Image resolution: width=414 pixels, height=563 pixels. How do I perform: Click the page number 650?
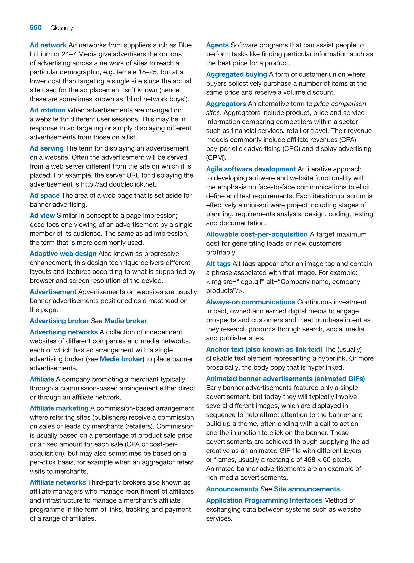(x=36, y=28)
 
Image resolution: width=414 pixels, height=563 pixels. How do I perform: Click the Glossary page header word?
(x=62, y=28)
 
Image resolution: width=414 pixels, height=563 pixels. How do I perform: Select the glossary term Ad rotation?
(x=47, y=110)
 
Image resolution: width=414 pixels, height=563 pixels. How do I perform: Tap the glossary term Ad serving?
(x=47, y=148)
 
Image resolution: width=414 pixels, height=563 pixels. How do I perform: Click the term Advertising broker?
(x=59, y=321)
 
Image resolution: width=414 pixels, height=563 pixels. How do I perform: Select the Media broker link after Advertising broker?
(x=126, y=321)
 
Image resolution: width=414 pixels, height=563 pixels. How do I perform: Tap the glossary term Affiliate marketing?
(x=59, y=408)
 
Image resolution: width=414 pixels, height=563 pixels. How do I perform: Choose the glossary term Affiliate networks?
(x=58, y=482)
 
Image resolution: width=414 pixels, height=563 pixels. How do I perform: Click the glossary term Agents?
(x=217, y=45)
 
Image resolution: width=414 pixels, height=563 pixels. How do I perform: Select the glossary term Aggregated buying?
(x=236, y=74)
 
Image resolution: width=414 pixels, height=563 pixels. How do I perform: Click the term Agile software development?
(x=251, y=169)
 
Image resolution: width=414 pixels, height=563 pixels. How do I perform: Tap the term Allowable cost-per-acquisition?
(x=257, y=234)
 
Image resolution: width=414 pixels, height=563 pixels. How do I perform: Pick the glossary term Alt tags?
(x=218, y=264)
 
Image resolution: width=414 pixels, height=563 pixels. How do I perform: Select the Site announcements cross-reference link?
(x=307, y=489)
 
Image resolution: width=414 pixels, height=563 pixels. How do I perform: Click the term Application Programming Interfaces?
(x=264, y=500)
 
